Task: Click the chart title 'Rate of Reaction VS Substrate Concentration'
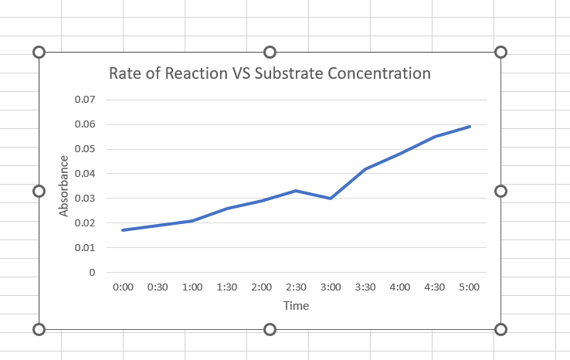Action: [x=270, y=74]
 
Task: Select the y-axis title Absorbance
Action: [x=65, y=186]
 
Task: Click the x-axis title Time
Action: [x=296, y=306]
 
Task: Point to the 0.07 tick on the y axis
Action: [x=85, y=100]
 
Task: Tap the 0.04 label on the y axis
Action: [x=85, y=174]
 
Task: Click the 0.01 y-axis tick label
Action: [x=85, y=248]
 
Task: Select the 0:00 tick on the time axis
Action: [x=123, y=287]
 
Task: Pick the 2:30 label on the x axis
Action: [x=296, y=287]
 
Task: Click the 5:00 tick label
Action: [x=469, y=287]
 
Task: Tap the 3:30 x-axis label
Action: [x=365, y=287]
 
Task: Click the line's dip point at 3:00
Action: [x=331, y=199]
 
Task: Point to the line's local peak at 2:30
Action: [x=296, y=191]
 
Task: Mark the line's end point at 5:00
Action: [x=469, y=126]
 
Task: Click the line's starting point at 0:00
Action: [x=123, y=230]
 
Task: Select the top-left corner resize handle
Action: [x=39, y=52]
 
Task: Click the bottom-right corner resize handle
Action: [x=500, y=330]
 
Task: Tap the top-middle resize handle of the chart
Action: [x=270, y=52]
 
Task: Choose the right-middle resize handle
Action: [x=500, y=191]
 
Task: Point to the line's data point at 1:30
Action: [x=227, y=209]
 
